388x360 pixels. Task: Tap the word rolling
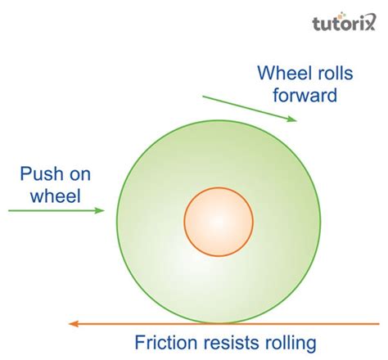point(294,343)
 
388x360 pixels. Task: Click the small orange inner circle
point(217,221)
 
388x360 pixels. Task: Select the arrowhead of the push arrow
point(101,210)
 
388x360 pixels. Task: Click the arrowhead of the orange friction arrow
point(74,323)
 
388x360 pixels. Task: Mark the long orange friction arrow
point(205,323)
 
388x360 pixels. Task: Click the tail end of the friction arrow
point(343,323)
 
